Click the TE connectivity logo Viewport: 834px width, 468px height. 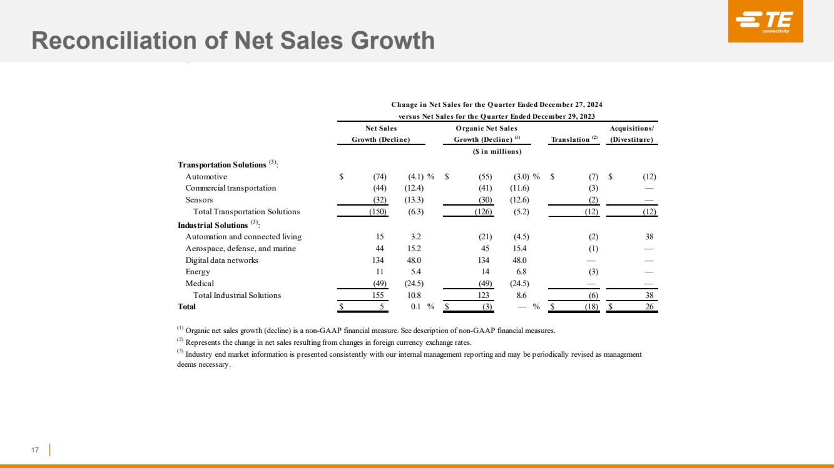pyautogui.click(x=766, y=21)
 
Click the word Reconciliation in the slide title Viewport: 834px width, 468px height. pyautogui.click(x=114, y=40)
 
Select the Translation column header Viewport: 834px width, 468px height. pyautogui.click(x=574, y=139)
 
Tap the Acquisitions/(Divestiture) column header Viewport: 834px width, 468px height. pyautogui.click(x=632, y=134)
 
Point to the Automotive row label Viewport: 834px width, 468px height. pyautogui.click(x=206, y=177)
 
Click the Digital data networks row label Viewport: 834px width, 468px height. pyautogui.click(x=222, y=260)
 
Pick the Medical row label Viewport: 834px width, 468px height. pyautogui.click(x=200, y=284)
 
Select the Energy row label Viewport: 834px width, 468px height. pyautogui.click(x=198, y=272)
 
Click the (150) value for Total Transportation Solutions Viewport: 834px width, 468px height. pyautogui.click(x=378, y=212)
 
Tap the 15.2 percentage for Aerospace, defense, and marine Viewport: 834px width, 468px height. pyautogui.click(x=414, y=248)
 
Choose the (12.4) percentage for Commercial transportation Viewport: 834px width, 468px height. pyautogui.click(x=414, y=188)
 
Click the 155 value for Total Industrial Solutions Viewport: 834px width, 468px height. pyautogui.click(x=378, y=295)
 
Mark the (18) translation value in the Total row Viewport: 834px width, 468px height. pyautogui.click(x=591, y=307)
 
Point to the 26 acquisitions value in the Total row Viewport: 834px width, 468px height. pyautogui.click(x=649, y=307)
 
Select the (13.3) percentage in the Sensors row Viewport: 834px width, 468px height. pyautogui.click(x=414, y=200)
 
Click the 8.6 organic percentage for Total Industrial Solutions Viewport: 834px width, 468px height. pyautogui.click(x=522, y=295)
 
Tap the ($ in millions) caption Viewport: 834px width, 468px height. pyautogui.click(x=497, y=151)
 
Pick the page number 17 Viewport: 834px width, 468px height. pyautogui.click(x=35, y=450)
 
